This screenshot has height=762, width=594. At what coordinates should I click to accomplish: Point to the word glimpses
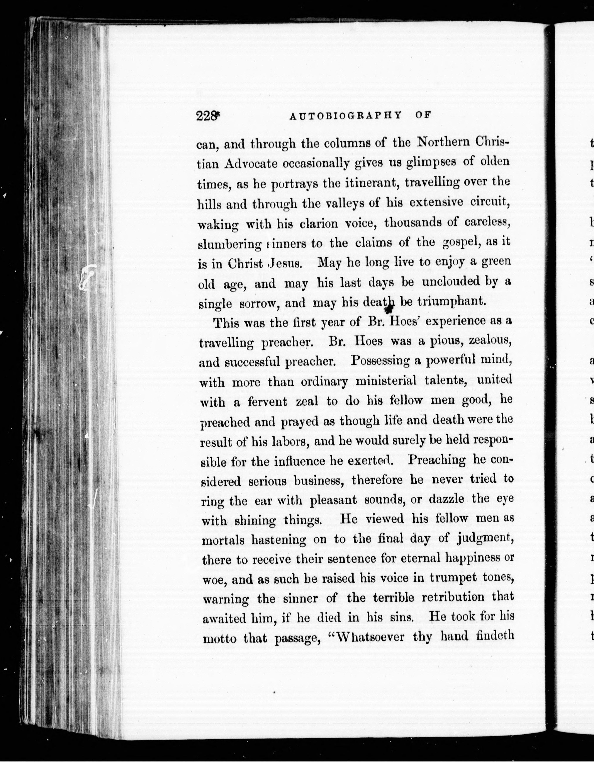coord(431,163)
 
